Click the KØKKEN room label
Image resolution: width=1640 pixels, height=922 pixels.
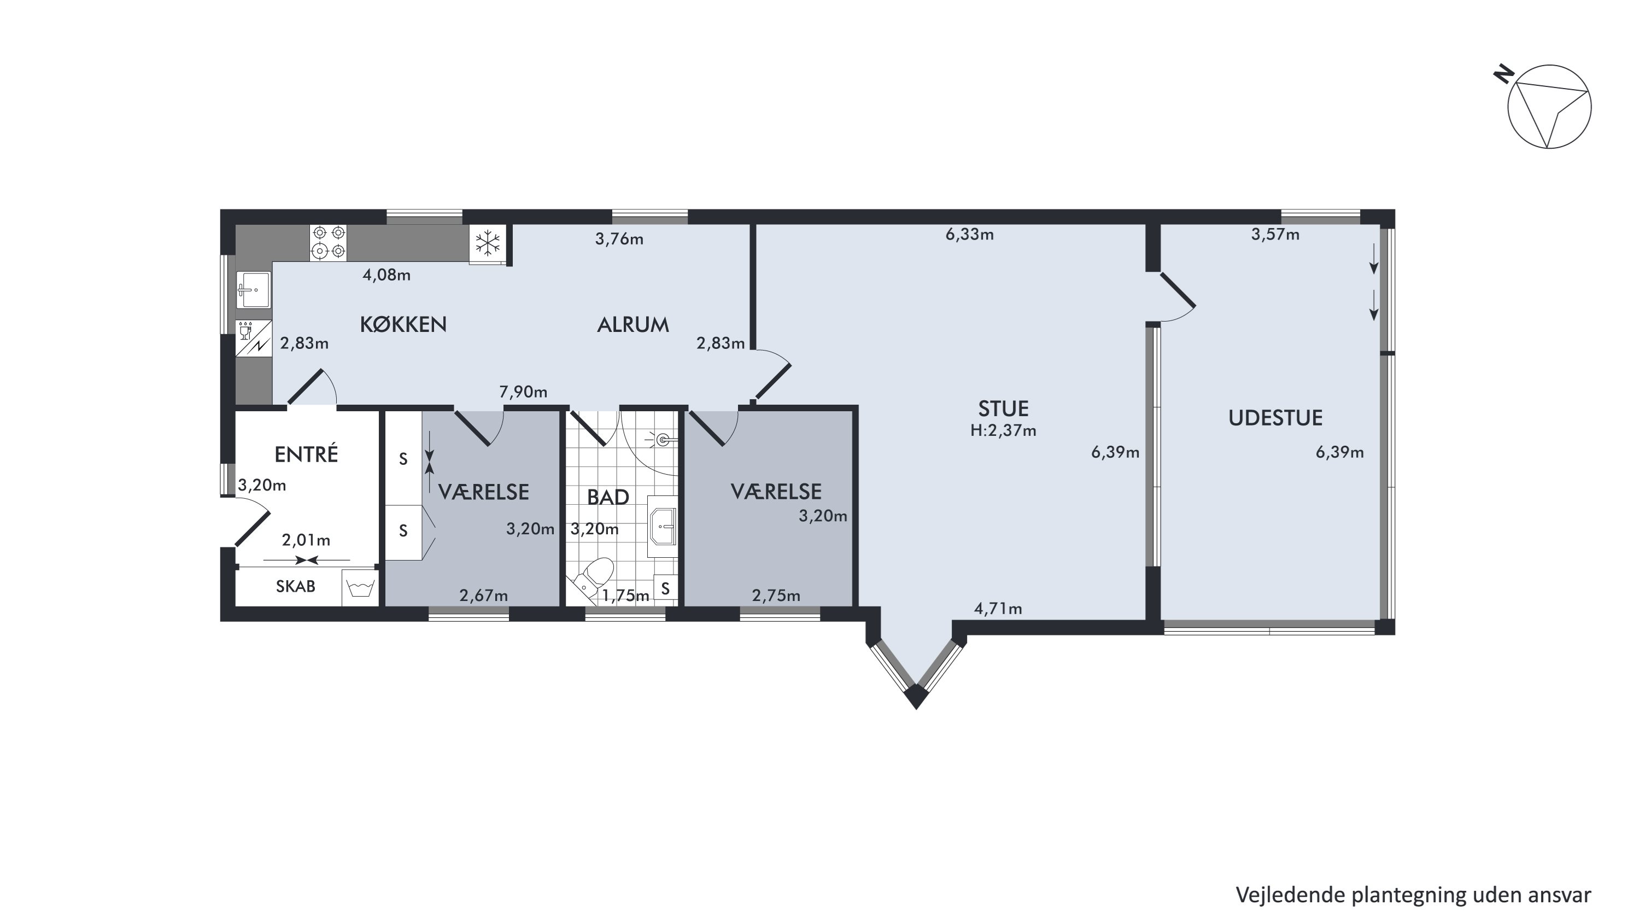pyautogui.click(x=403, y=325)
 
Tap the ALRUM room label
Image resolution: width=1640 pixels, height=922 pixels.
pyautogui.click(x=633, y=325)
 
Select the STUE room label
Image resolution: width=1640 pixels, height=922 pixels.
pyautogui.click(x=1003, y=408)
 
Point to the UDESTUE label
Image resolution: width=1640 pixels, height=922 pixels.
pyautogui.click(x=1275, y=418)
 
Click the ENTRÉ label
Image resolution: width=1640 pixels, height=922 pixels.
pyautogui.click(x=306, y=454)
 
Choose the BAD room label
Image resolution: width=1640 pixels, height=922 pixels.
pyautogui.click(x=608, y=497)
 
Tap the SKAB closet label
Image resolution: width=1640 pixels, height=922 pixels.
pyautogui.click(x=295, y=586)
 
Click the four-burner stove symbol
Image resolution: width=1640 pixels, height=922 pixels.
pyautogui.click(x=329, y=243)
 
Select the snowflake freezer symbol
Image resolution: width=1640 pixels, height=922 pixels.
pyautogui.click(x=488, y=243)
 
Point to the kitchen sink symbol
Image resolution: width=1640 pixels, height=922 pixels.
pyautogui.click(x=254, y=290)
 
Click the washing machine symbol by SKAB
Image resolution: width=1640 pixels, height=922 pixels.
pyautogui.click(x=360, y=588)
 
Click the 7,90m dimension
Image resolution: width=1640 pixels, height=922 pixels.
pyautogui.click(x=523, y=392)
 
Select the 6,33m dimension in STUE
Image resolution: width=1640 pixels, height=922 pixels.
pyautogui.click(x=970, y=234)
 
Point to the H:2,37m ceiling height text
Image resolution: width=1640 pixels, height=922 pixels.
pyautogui.click(x=1003, y=431)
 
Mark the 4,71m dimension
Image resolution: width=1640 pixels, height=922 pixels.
pyautogui.click(x=998, y=609)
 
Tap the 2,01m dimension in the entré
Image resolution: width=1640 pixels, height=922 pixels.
pyautogui.click(x=306, y=540)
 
